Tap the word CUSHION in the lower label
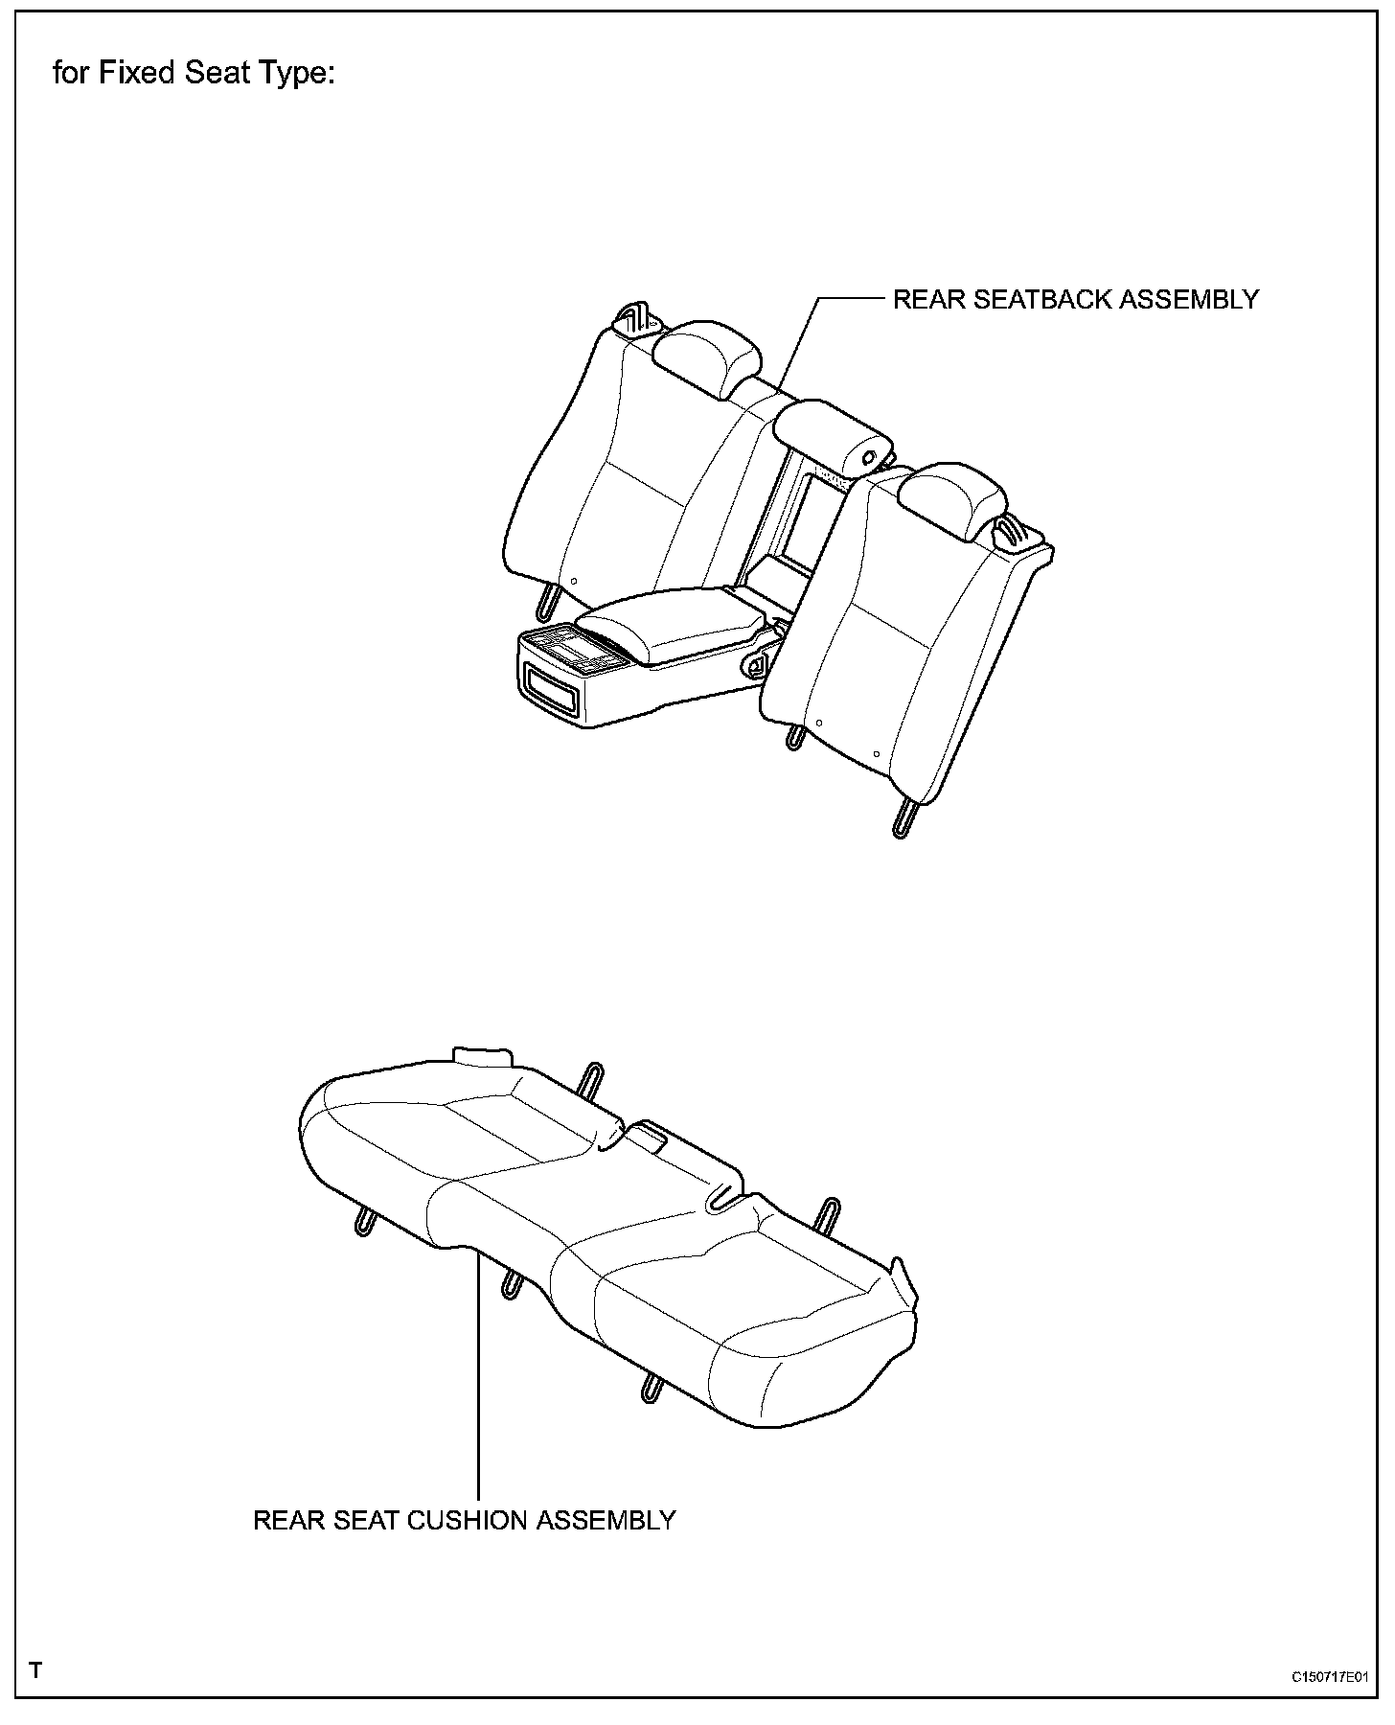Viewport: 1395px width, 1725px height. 469,1521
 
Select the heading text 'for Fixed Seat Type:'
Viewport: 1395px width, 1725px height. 194,74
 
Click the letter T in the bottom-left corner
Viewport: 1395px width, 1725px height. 36,1671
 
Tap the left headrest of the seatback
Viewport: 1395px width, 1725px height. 707,358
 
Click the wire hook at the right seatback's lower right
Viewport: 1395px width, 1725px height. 904,817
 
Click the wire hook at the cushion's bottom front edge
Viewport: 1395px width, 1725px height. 652,1387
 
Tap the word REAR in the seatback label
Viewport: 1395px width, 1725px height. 928,300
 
